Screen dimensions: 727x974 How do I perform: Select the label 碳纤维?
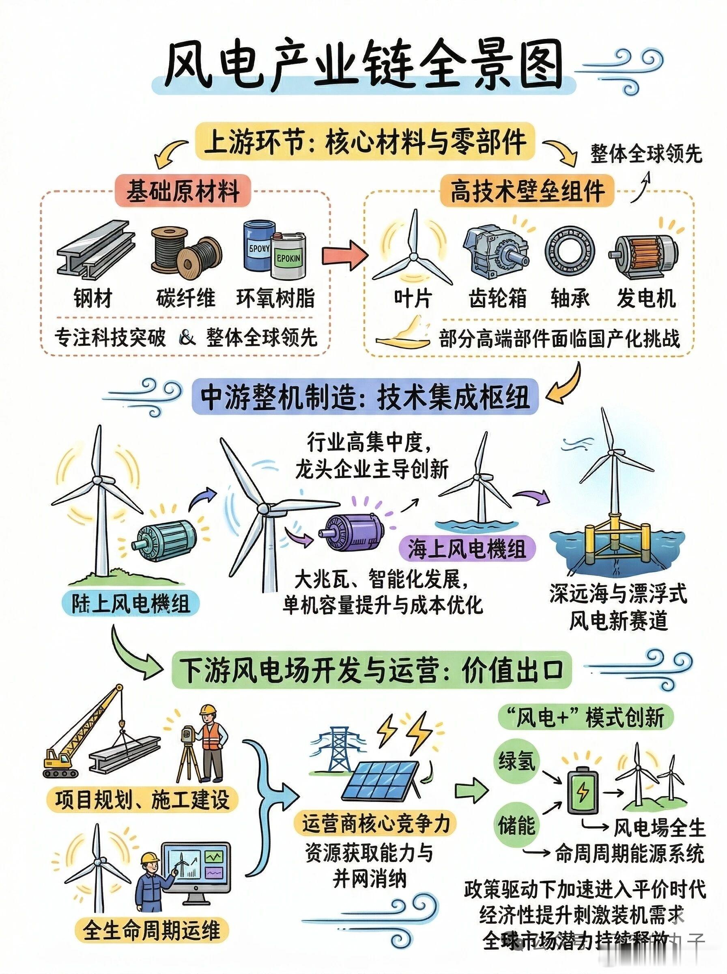click(186, 298)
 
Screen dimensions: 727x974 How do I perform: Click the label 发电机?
click(646, 298)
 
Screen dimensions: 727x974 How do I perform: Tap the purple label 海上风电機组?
click(467, 549)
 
